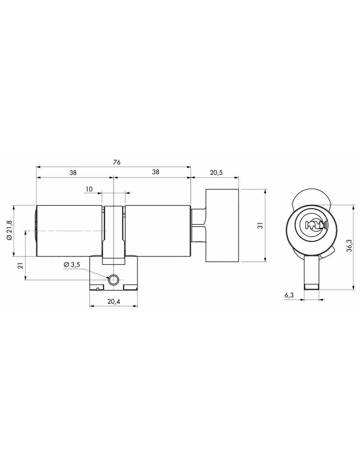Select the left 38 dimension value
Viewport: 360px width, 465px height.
[73, 173]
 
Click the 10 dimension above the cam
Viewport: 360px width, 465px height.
[89, 189]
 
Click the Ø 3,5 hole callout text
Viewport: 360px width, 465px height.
[72, 265]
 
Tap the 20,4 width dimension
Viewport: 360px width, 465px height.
[114, 301]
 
